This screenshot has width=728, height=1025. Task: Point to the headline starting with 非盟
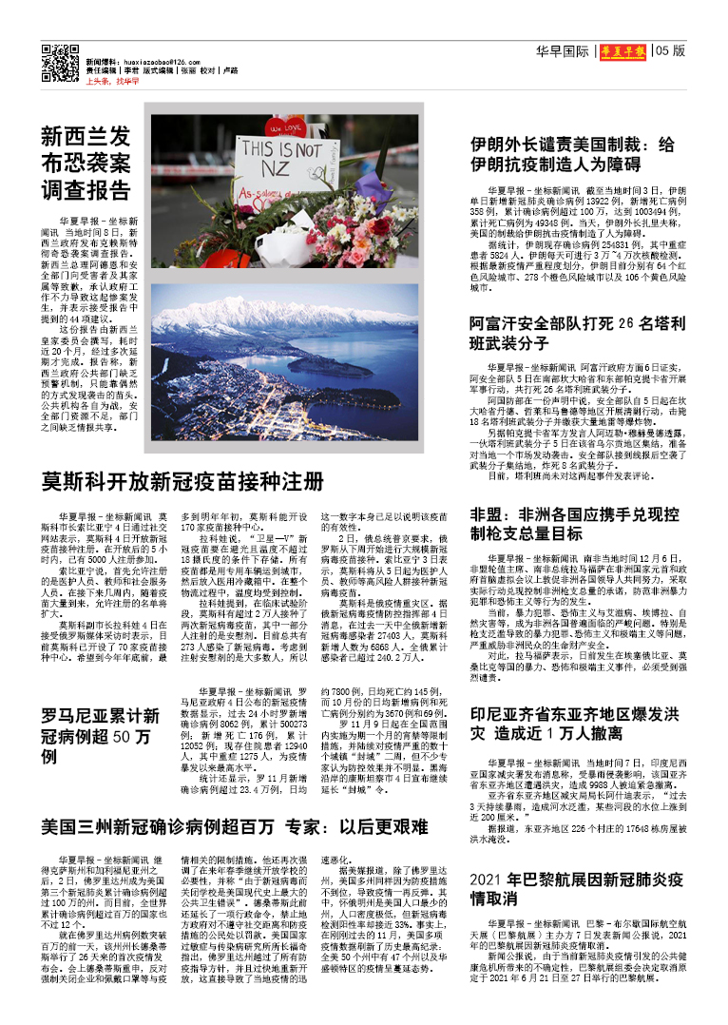574,524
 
